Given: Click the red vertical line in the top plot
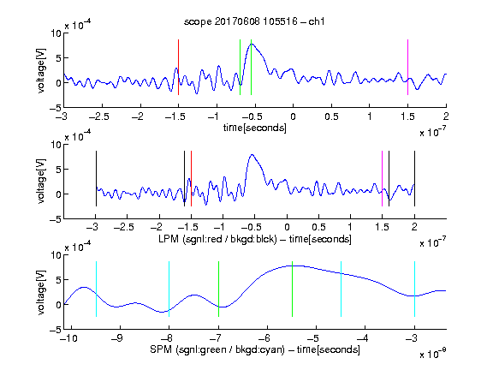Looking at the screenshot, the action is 178,68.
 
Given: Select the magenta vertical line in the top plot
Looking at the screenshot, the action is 407,68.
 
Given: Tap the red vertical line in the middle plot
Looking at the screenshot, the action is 191,179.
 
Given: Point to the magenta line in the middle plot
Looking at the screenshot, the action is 383,179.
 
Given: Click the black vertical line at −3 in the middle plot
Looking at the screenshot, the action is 96,179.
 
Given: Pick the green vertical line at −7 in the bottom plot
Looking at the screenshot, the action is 218,289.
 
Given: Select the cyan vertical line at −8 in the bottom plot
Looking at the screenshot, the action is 169,289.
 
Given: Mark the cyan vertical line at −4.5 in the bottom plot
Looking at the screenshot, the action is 342,289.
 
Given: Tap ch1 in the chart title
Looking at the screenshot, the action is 317,21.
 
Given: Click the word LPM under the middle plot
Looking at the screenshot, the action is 169,239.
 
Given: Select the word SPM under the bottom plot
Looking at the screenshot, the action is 161,349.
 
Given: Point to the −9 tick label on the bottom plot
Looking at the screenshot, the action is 117,338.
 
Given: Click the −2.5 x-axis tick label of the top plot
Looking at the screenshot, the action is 98,116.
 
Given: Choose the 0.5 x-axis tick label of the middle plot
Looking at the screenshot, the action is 318,227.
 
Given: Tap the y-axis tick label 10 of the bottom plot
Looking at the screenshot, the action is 56,255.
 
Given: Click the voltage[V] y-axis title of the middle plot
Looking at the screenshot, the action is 41,182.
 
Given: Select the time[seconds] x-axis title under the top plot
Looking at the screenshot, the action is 255,128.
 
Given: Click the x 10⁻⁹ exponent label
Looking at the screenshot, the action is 433,354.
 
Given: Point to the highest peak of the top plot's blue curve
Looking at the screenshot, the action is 252,44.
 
